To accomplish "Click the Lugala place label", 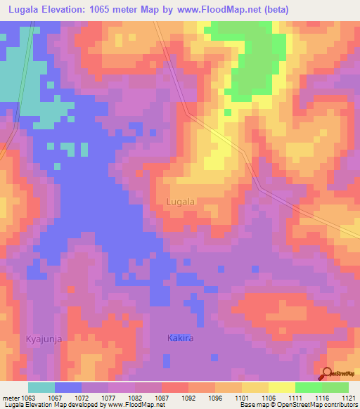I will point(181,201).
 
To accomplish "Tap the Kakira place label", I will point(180,338).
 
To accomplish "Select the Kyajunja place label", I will point(44,339).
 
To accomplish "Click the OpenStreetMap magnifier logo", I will point(328,373).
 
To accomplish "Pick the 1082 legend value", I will point(136,398).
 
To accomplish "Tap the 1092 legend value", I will point(189,398).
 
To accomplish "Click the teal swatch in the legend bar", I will point(41,387).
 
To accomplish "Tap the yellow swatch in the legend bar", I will point(282,387).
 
